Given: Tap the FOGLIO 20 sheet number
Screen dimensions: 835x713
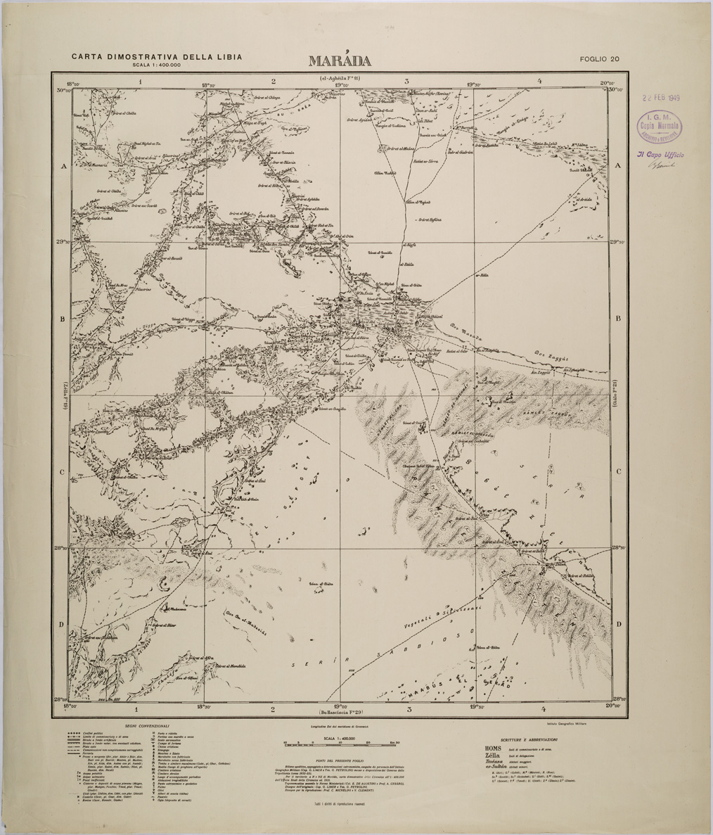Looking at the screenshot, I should point(599,59).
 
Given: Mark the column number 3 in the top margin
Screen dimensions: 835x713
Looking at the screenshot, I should point(406,82).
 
